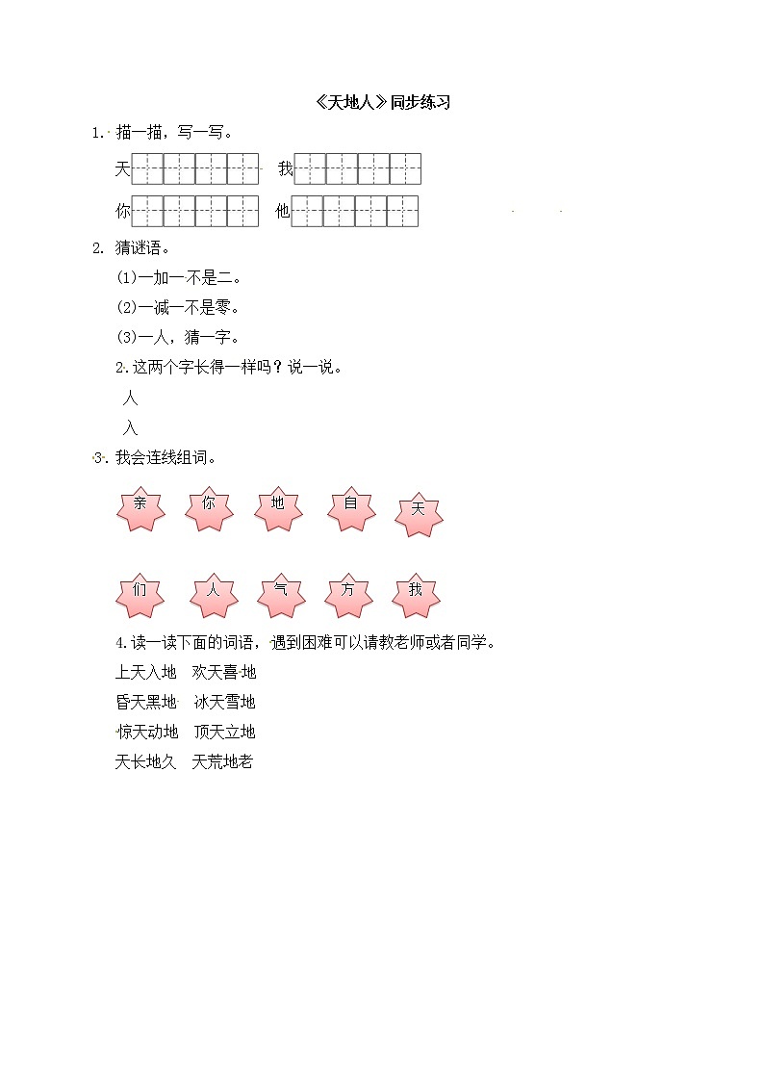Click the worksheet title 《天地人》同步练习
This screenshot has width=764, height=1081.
pyautogui.click(x=382, y=103)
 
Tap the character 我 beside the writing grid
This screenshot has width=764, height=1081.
pyautogui.click(x=285, y=169)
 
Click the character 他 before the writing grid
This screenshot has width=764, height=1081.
pyautogui.click(x=282, y=212)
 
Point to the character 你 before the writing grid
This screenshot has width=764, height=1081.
pyautogui.click(x=122, y=212)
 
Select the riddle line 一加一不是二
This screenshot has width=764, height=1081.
pyautogui.click(x=177, y=278)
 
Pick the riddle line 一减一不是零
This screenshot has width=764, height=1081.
pyautogui.click(x=177, y=308)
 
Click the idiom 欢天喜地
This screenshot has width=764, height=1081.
pyautogui.click(x=224, y=672)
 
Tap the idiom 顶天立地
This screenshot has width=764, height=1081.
pyautogui.click(x=224, y=732)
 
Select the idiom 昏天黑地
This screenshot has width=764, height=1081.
pyautogui.click(x=146, y=702)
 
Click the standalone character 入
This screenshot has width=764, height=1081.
pyautogui.click(x=131, y=428)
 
